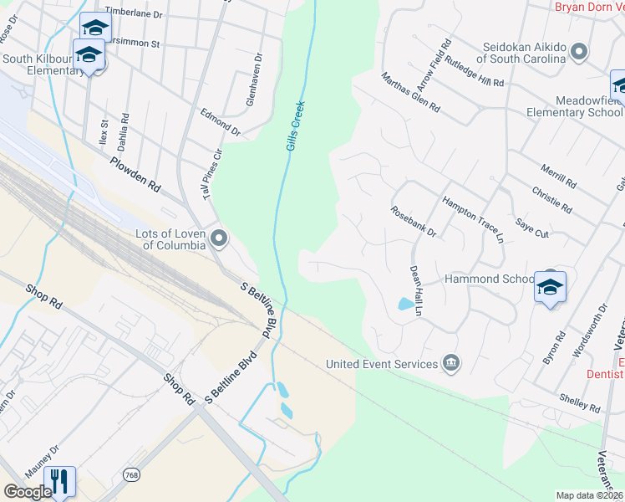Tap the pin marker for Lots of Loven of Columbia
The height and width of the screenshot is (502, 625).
[x=219, y=239]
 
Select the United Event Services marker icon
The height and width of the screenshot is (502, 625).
[x=451, y=362]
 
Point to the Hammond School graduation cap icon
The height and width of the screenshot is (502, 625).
[x=550, y=286]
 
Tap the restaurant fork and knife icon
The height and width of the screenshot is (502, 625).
[x=59, y=481]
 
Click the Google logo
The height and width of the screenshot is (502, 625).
[x=28, y=492]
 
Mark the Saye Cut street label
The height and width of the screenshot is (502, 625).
[x=531, y=228]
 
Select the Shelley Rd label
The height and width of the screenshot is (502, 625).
[x=581, y=402]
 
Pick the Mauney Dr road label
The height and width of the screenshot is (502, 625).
[x=42, y=462]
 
